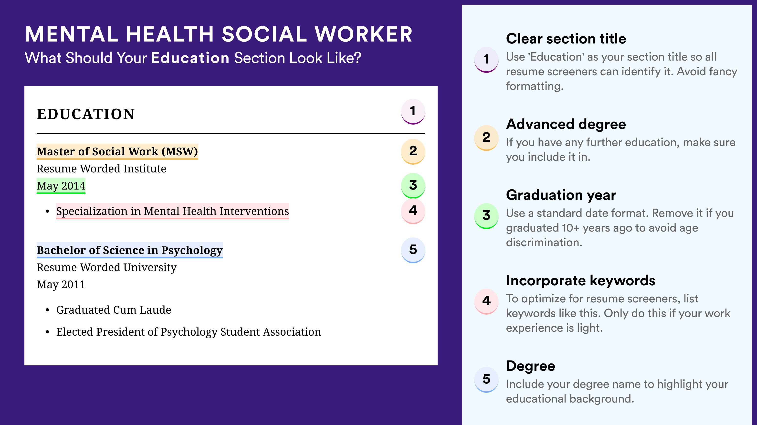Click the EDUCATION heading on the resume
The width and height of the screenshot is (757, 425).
coord(85,114)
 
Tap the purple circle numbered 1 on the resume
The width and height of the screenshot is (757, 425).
coord(413,111)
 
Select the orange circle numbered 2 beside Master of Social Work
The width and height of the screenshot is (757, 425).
coord(413,151)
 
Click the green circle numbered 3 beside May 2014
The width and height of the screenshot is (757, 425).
coord(413,185)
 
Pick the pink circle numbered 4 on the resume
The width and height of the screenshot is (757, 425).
coord(413,211)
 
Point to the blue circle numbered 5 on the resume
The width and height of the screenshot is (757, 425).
coord(413,250)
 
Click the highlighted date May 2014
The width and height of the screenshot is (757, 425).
coord(61,186)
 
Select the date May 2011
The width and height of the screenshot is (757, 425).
coord(61,285)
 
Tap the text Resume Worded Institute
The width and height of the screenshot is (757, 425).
coord(101,169)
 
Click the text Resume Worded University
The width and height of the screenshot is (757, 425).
coord(106,267)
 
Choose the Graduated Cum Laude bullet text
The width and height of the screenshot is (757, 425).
coord(114,310)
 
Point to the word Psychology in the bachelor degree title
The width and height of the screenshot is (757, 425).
coord(192,250)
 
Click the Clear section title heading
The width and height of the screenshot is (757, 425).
coord(566,39)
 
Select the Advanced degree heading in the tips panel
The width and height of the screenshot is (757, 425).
coord(566,124)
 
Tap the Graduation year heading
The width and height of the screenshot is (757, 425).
coord(561,195)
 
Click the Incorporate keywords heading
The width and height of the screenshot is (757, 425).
coord(581,280)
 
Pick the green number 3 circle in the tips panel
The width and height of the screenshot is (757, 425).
coord(486,216)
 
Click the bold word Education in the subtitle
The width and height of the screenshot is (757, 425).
coord(190,58)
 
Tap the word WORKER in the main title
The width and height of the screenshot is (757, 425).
coord(364,34)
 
